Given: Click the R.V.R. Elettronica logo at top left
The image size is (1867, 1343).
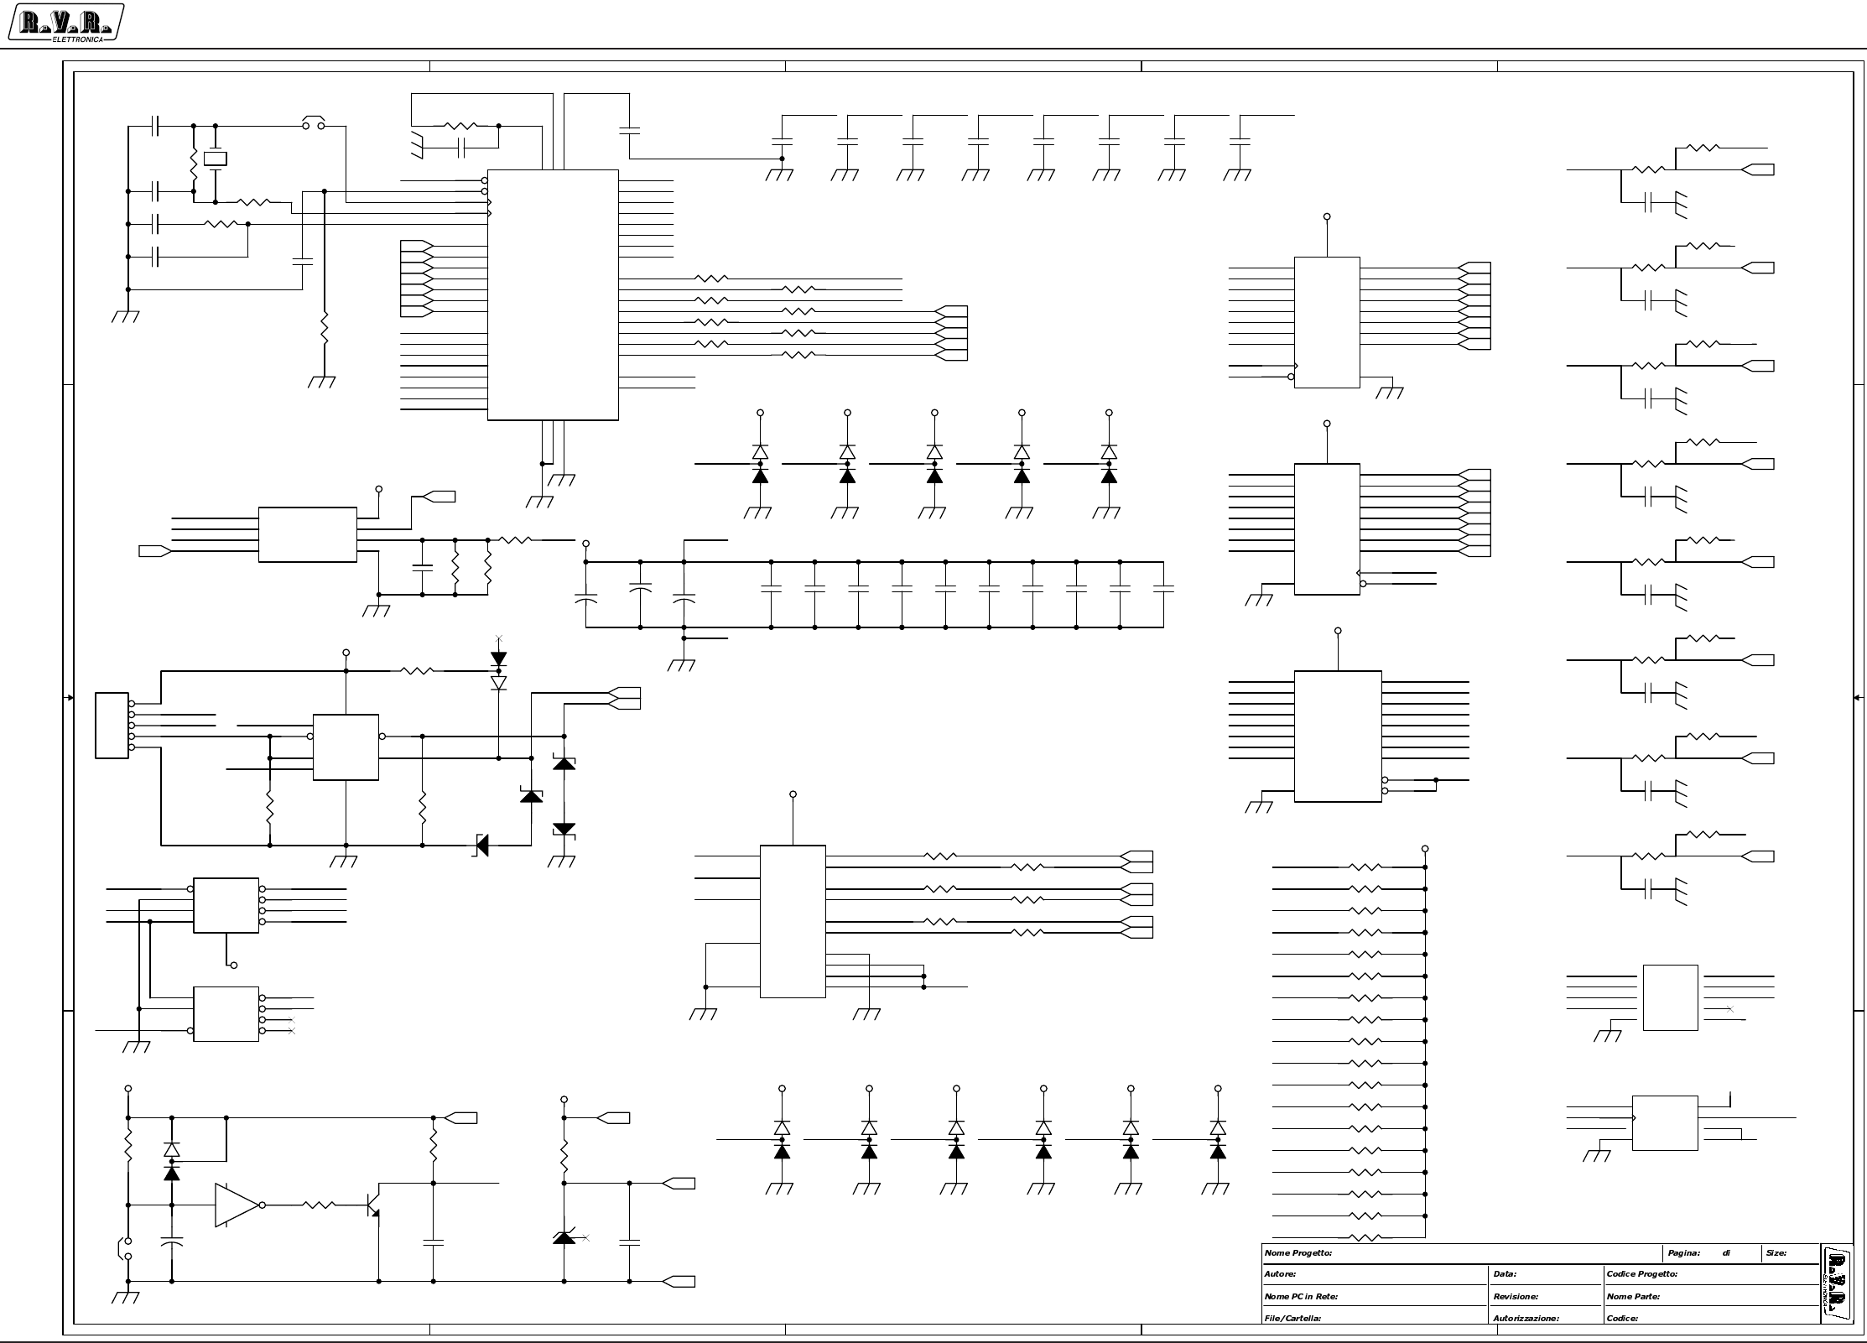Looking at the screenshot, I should coord(65,22).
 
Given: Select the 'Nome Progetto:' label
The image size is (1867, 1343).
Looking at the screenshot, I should coord(1298,1253).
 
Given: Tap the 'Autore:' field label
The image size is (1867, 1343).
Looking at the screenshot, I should coord(1280,1274).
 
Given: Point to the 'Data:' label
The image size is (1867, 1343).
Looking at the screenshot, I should coord(1504,1274).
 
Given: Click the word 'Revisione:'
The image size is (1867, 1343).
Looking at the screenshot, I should coord(1516,1297).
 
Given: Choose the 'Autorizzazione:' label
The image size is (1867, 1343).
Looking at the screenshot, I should coord(1526,1319).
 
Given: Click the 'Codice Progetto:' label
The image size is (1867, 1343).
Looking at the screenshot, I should coord(1641,1274).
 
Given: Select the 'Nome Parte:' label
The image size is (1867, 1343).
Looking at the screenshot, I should coord(1633,1297).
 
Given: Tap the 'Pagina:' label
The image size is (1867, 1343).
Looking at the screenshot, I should coord(1683,1253).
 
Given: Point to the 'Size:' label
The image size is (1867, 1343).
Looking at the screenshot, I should coord(1776,1253).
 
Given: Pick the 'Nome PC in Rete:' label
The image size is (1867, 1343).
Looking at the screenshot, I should coord(1301,1297).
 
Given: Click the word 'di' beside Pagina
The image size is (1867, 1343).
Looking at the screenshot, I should coord(1726,1253).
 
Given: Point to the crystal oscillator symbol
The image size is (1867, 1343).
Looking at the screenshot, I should coord(216,159).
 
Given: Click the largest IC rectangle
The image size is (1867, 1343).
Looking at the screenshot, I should coord(553,295).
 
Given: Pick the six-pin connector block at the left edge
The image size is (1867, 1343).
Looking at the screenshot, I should coord(112,726).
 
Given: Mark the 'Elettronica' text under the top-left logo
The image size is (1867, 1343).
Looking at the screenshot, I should coord(77,39).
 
